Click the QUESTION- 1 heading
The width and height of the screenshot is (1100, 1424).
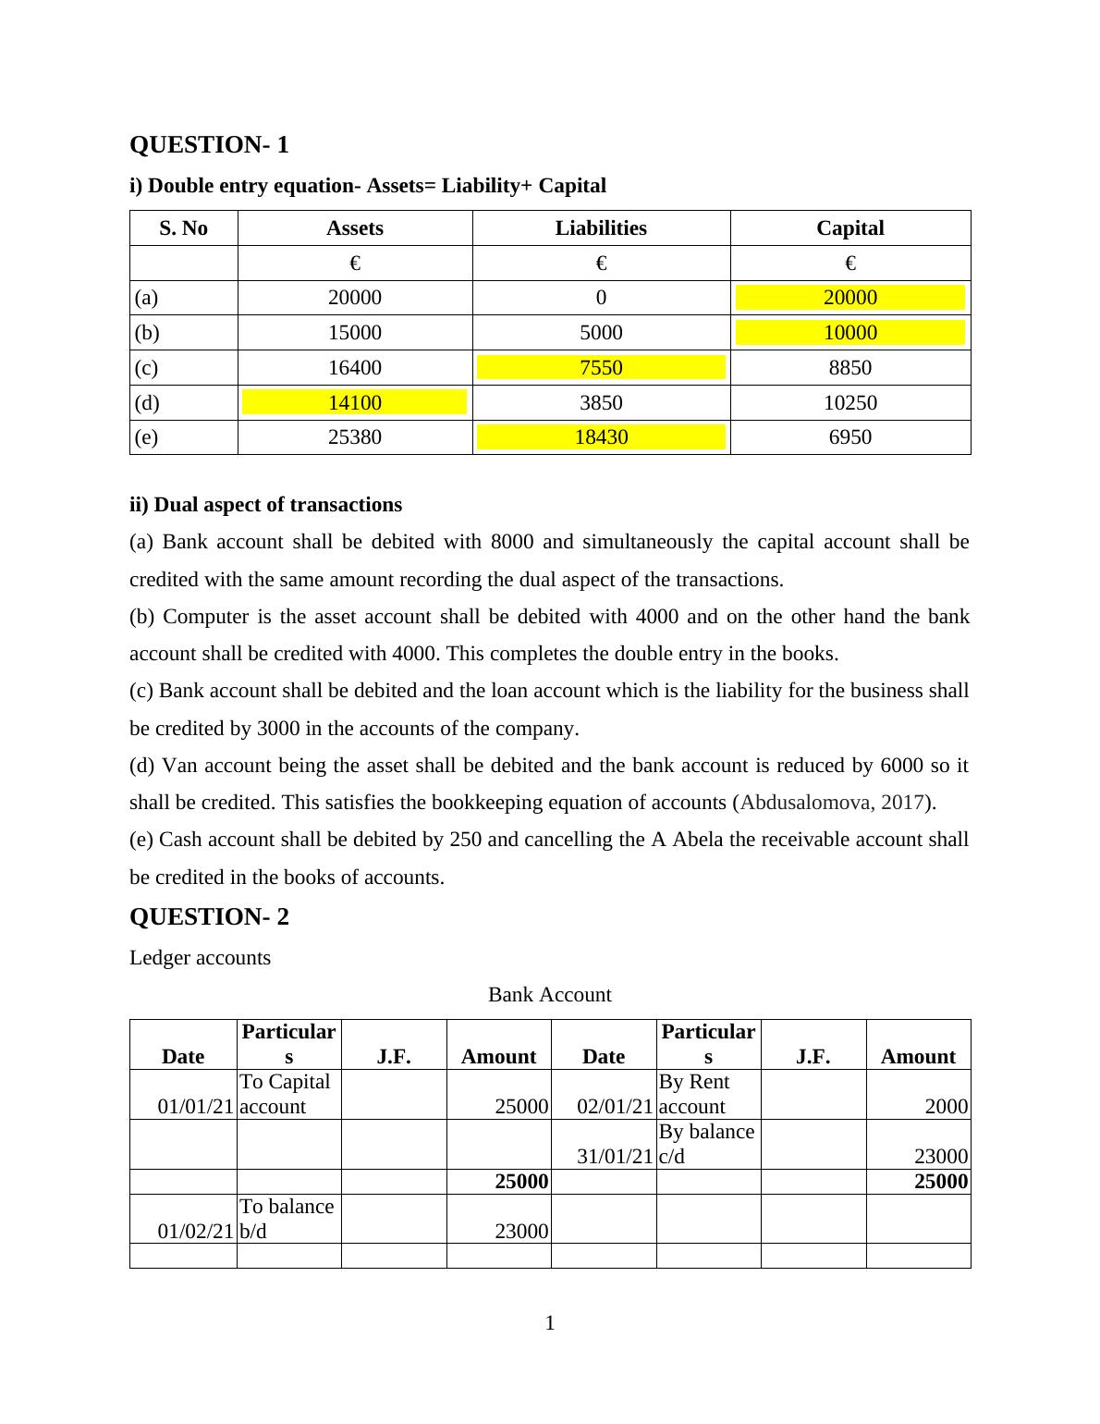[x=209, y=145]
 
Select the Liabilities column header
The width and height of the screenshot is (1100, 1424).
[x=601, y=228]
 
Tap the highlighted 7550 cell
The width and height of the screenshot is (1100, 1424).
[x=601, y=368]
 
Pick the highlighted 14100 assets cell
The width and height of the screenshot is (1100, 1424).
[x=355, y=403]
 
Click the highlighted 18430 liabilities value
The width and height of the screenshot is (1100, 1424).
[x=601, y=437]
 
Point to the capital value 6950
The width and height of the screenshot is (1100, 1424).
[x=849, y=437]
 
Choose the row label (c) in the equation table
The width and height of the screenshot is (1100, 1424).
[x=146, y=368]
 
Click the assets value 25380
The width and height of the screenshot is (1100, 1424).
[x=355, y=437]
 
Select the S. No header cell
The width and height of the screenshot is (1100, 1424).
[x=183, y=228]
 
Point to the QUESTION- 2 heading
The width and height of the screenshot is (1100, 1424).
[x=209, y=917]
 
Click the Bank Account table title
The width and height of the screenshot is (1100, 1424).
[x=549, y=995]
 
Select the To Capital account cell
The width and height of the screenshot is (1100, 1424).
[x=285, y=1094]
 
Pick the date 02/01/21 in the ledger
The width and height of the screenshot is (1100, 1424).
[x=615, y=1107]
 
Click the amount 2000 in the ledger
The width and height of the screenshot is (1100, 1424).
[x=947, y=1107]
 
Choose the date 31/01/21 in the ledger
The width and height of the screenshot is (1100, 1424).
[x=615, y=1157]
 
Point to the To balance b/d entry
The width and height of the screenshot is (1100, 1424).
[x=287, y=1219]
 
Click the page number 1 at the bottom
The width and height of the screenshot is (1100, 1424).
[x=550, y=1324]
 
